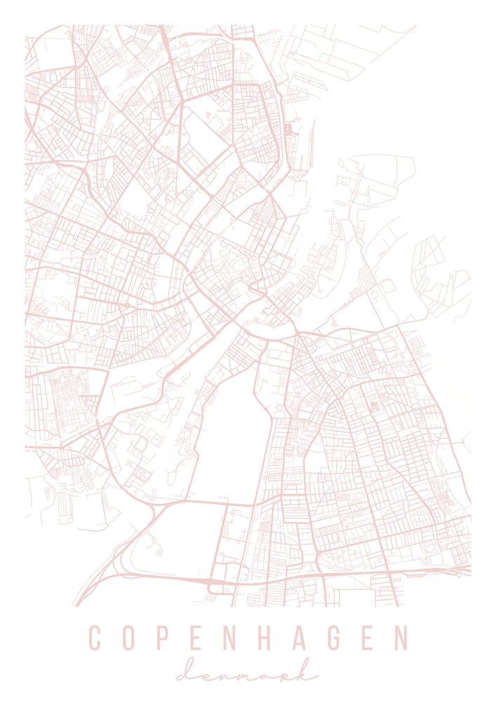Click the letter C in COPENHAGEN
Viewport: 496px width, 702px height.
coord(96,638)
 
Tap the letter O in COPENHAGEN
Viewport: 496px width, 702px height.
coord(131,638)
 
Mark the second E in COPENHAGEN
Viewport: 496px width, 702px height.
coord(368,638)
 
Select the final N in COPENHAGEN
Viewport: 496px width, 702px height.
coord(400,638)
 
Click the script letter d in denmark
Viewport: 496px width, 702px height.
coord(187,675)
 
